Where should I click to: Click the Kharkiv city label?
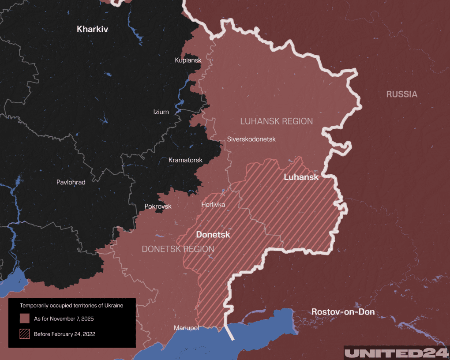point(92,30)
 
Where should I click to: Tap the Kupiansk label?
point(188,60)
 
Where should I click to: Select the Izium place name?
point(161,112)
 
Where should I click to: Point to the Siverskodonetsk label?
point(251,139)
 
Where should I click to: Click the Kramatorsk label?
point(185,160)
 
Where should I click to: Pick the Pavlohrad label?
point(71,182)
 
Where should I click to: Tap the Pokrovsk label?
point(158,206)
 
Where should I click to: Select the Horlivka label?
point(213,205)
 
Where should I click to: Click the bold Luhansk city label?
point(301,177)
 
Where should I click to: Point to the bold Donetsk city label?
point(213,235)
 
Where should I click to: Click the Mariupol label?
point(187,328)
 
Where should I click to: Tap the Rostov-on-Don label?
point(343,312)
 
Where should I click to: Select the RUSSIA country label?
point(401,94)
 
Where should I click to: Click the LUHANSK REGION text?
point(276,121)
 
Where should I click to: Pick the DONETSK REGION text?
point(178,249)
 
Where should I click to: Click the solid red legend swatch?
point(25,319)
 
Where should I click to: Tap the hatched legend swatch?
point(25,334)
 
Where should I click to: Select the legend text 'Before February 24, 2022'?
point(64,334)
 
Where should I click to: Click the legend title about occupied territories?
point(71,305)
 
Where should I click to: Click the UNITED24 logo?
point(396,353)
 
